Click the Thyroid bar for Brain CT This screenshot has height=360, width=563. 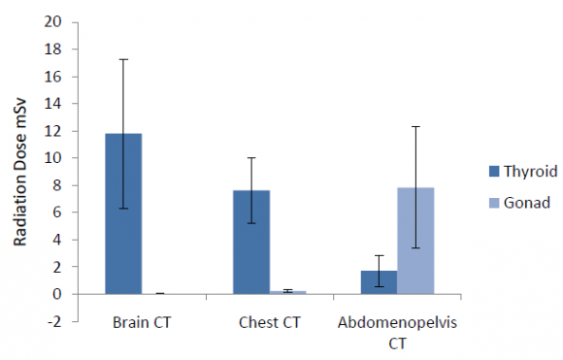click(124, 213)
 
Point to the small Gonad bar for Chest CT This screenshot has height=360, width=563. click(287, 291)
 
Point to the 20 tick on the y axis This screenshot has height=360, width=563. click(59, 22)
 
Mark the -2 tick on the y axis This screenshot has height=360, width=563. click(59, 321)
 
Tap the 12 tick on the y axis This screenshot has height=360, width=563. click(59, 131)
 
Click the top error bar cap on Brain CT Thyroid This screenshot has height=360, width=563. click(124, 59)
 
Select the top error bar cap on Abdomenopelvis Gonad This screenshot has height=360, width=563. click(414, 126)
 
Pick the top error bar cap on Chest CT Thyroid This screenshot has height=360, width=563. click(251, 157)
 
